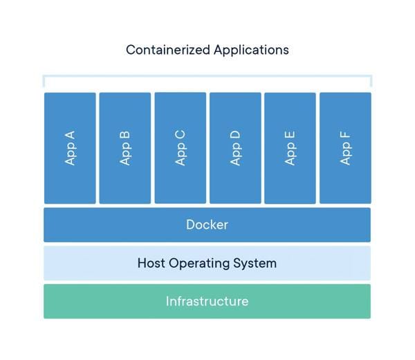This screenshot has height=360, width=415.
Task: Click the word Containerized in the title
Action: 168,50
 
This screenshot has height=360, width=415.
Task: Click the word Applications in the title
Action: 252,50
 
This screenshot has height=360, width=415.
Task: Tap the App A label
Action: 70,148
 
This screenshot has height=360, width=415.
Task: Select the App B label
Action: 125,148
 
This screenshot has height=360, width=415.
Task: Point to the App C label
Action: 181,148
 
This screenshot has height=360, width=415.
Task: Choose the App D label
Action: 235,148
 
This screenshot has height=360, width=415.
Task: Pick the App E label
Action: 290,148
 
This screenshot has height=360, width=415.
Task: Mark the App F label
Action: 345,148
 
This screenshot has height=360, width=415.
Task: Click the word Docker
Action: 207,224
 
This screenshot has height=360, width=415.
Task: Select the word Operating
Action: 199,264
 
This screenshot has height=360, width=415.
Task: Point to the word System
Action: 255,264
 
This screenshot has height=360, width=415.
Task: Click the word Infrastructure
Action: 207,301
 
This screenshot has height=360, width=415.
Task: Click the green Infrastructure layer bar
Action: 207,301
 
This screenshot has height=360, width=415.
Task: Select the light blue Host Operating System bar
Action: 207,263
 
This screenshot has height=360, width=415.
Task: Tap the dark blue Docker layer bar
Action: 207,225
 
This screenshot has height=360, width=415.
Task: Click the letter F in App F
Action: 345,135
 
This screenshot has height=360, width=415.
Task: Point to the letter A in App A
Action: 70,136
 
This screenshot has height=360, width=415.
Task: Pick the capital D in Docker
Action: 191,224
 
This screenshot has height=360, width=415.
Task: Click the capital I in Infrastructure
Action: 167,301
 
